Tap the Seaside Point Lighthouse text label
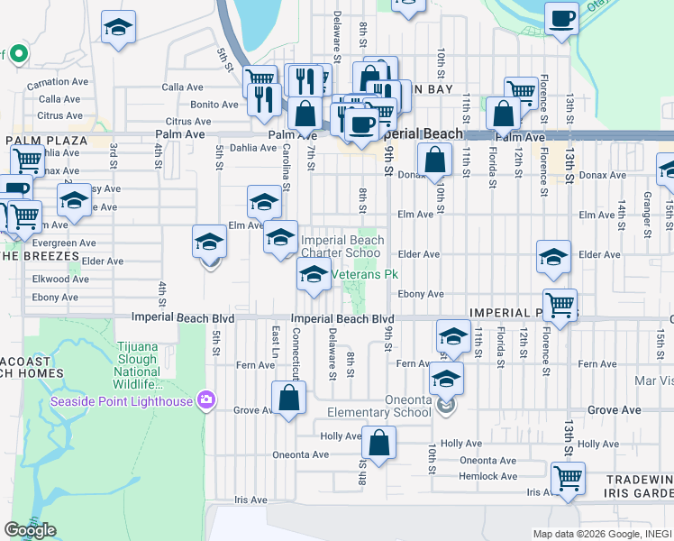(x=122, y=401)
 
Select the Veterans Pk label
(x=365, y=274)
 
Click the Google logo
(x=30, y=530)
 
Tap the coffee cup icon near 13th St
(x=561, y=20)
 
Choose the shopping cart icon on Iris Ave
(x=568, y=478)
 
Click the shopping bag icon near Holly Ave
(x=378, y=443)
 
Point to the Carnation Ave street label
(x=60, y=83)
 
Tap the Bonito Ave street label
(x=214, y=105)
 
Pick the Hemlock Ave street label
(x=487, y=476)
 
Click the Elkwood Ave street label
(x=60, y=280)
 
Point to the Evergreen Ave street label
(x=63, y=243)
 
